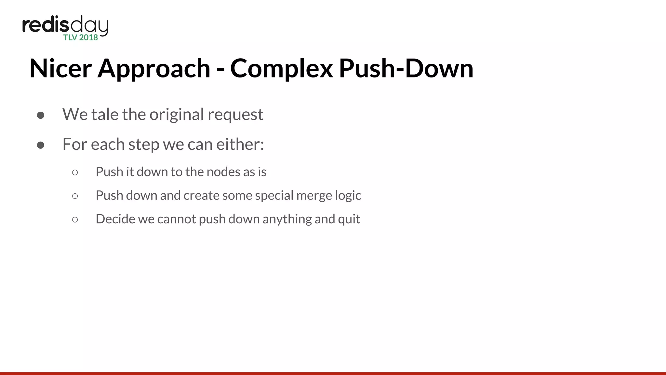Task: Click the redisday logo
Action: coord(65,26)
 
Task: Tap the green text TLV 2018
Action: coord(81,38)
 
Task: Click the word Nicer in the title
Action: coord(60,68)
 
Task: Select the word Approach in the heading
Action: coord(154,68)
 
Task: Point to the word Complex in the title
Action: coord(282,68)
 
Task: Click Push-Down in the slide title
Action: coord(406,68)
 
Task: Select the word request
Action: coord(235,114)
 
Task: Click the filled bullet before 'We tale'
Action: coord(41,115)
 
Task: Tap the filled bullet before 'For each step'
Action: coord(41,145)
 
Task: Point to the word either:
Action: coord(240,144)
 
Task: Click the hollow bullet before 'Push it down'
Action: coord(75,173)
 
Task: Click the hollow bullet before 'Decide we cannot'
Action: coord(75,220)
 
